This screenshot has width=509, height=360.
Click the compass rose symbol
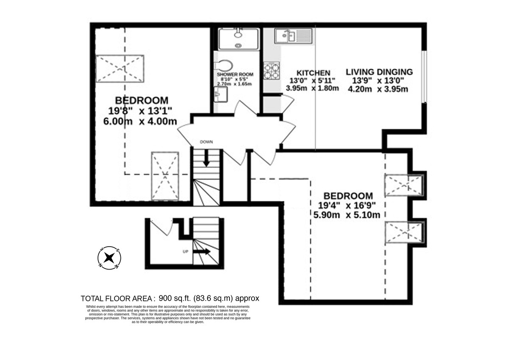tap(109, 258)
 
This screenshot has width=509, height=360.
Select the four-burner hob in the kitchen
tap(271, 71)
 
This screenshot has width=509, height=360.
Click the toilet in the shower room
tap(224, 66)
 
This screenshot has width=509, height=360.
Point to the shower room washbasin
tap(221, 94)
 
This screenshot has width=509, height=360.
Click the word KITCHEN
tap(313, 73)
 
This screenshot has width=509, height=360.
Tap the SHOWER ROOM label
tap(235, 74)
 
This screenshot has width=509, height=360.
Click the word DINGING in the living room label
tap(395, 72)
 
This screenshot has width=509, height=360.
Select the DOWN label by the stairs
tap(206, 142)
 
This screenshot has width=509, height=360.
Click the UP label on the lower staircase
tap(186, 252)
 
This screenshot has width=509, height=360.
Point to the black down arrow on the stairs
tap(206, 158)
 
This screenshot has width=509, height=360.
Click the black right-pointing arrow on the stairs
tap(202, 251)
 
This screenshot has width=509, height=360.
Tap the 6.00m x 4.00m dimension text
tap(140, 121)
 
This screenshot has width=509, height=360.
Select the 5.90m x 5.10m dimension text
tap(347, 215)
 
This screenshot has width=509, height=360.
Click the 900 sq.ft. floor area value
tap(175, 298)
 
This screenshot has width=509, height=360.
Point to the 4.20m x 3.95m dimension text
tap(378, 89)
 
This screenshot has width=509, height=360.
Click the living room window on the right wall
tap(424, 77)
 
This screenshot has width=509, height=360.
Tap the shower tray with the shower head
tap(238, 39)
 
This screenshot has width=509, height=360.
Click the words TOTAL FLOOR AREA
tap(116, 298)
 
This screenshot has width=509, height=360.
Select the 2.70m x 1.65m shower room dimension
tap(235, 84)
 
